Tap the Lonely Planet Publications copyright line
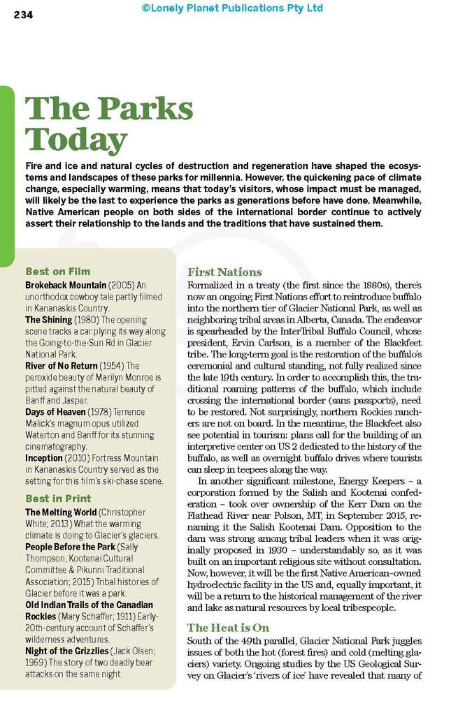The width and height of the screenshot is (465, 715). pyautogui.click(x=232, y=8)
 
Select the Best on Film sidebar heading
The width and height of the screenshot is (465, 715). pyautogui.click(x=58, y=271)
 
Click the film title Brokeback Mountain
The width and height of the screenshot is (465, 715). pyautogui.click(x=66, y=285)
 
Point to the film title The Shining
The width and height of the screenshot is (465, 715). pyautogui.click(x=49, y=320)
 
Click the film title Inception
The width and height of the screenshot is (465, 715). pyautogui.click(x=46, y=457)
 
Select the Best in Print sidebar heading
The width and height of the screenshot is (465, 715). pyautogui.click(x=58, y=499)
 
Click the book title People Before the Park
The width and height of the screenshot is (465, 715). pyautogui.click(x=70, y=547)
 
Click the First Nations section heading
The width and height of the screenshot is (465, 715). pyautogui.click(x=224, y=272)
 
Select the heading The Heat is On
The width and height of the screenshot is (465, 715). pyautogui.click(x=228, y=628)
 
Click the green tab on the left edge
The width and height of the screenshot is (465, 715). pyautogui.click(x=6, y=175)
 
